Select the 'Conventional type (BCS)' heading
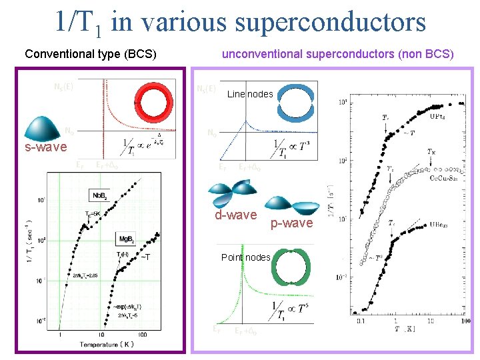tap(91, 54)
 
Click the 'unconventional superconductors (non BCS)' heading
tap(337, 54)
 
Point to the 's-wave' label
tap(46, 147)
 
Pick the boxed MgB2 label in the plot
tap(127, 239)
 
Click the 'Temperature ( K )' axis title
tap(107, 345)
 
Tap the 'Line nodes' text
tap(250, 94)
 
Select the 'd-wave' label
tap(235, 215)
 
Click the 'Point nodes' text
tap(246, 257)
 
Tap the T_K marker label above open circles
tap(433, 152)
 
